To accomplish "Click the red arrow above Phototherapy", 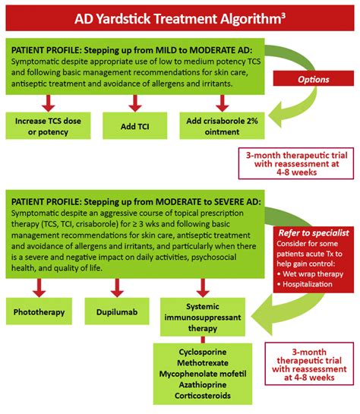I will tap(36, 288).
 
